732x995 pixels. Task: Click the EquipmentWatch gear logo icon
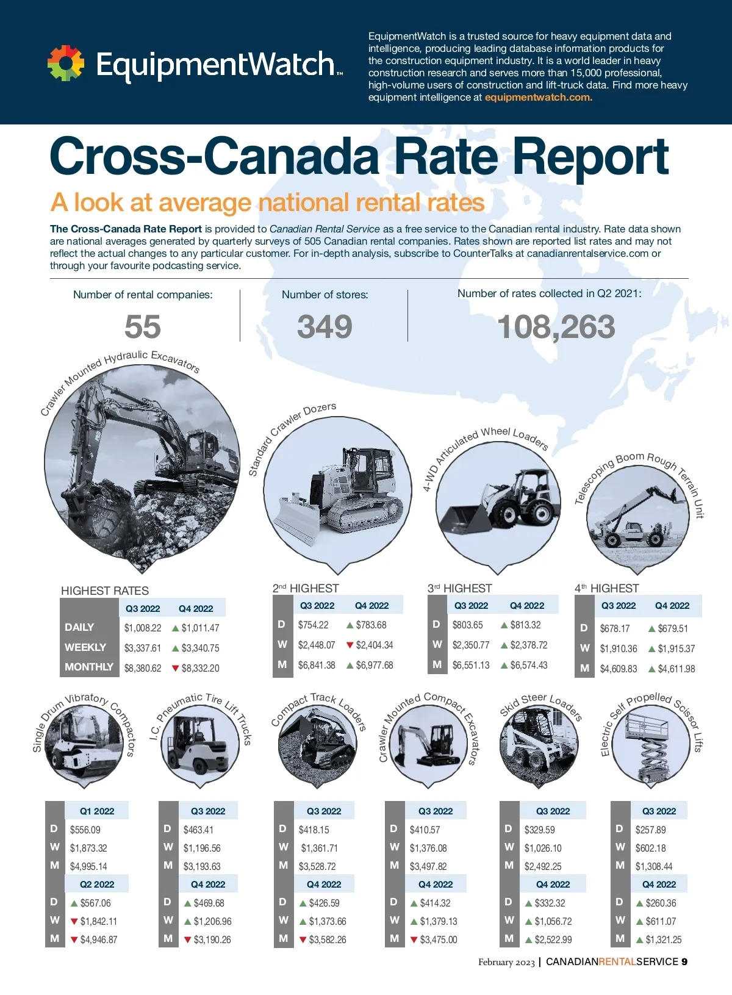pos(66,63)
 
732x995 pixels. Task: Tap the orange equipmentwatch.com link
pos(538,98)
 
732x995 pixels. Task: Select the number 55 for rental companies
pos(143,327)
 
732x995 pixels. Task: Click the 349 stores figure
pos(325,327)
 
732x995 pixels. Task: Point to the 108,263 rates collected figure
pos(556,327)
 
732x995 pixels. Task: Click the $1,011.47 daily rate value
pos(200,628)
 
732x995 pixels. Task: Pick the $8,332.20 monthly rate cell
pos(200,668)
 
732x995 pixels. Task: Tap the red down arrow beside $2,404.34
pos(350,645)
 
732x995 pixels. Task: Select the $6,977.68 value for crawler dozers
pos(375,665)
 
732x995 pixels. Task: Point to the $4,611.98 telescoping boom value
pos(676,669)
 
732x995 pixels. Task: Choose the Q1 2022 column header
pos(97,811)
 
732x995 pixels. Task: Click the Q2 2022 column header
pos(97,884)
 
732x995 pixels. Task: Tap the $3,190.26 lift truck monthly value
pos(212,939)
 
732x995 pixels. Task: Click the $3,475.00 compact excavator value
pos(439,939)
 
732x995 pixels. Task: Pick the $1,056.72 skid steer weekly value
pos(553,921)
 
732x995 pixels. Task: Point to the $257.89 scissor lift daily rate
pos(651,830)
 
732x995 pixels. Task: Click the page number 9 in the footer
pos(684,962)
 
